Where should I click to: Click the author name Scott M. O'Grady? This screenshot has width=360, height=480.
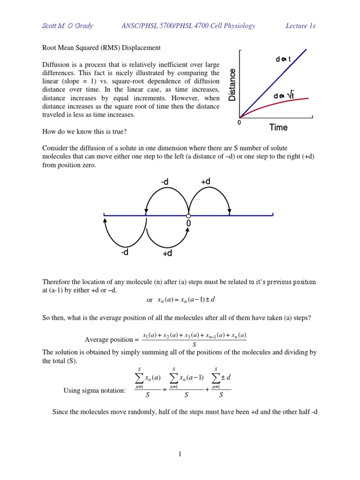pyautogui.click(x=68, y=26)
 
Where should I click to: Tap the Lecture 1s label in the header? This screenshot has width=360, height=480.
pyautogui.click(x=300, y=26)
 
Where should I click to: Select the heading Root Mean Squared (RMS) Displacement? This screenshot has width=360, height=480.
pyautogui.click(x=102, y=48)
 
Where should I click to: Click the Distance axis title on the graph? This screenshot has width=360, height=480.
pyautogui.click(x=232, y=85)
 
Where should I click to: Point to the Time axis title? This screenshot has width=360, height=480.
pyautogui.click(x=278, y=127)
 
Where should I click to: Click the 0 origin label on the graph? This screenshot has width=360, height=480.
pyautogui.click(x=239, y=122)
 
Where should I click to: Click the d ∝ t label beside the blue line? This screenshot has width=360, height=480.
pyautogui.click(x=284, y=59)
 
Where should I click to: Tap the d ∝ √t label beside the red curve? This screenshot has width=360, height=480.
pyautogui.click(x=284, y=96)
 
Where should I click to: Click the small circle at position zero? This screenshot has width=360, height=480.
pyautogui.click(x=188, y=216)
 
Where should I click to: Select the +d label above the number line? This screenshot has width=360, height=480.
pyautogui.click(x=205, y=181)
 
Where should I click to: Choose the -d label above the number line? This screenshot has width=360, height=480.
pyautogui.click(x=165, y=181)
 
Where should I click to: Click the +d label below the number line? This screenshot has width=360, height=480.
pyautogui.click(x=167, y=253)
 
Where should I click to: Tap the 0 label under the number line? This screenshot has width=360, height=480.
pyautogui.click(x=188, y=225)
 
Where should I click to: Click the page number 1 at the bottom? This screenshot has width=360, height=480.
pyautogui.click(x=180, y=454)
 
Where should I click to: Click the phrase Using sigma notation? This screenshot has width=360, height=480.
pyautogui.click(x=94, y=390)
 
